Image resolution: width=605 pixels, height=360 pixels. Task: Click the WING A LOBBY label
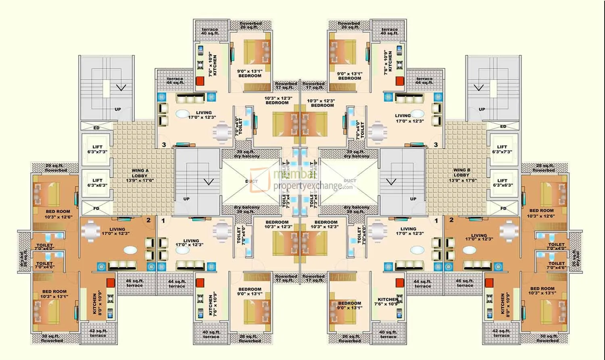[140, 176]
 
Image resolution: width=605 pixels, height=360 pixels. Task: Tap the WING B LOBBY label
[461, 175]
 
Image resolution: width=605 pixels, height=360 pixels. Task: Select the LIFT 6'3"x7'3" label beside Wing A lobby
[97, 149]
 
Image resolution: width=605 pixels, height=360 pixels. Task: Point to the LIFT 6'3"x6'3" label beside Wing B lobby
[502, 183]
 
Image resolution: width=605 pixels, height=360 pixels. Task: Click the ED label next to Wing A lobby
[96, 128]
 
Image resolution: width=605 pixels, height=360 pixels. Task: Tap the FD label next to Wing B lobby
[503, 208]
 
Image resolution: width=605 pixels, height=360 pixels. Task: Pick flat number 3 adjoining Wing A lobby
[164, 145]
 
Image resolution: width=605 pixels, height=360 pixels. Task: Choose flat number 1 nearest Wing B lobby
[436, 221]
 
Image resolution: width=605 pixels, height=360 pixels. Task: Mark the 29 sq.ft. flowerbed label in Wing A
[55, 168]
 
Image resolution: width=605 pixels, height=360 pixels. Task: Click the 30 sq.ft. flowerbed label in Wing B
[548, 338]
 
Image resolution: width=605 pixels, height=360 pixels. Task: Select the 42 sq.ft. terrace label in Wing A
[98, 333]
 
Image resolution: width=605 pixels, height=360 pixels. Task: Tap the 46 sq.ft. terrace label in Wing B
[465, 283]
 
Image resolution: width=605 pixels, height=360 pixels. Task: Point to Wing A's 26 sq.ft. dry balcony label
[24, 259]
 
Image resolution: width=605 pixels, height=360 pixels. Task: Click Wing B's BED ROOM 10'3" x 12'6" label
[541, 213]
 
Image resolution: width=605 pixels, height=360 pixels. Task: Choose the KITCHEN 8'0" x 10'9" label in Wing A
[97, 303]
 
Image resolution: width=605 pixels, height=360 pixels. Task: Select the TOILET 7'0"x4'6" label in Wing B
[556, 265]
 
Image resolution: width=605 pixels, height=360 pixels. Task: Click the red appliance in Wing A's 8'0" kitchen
[111, 283]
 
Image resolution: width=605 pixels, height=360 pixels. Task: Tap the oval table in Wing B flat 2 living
[470, 250]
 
